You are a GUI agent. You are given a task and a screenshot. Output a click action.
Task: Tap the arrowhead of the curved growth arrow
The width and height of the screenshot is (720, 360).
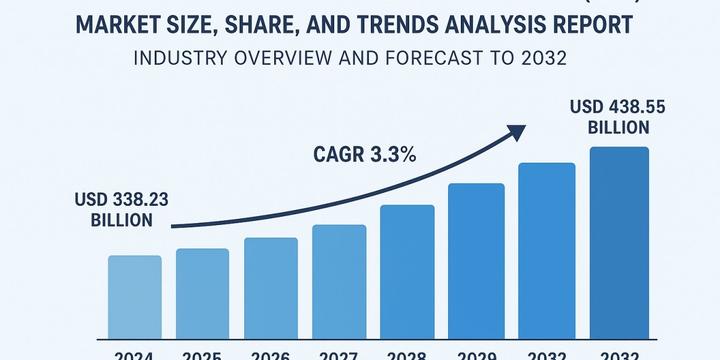[x=516, y=131]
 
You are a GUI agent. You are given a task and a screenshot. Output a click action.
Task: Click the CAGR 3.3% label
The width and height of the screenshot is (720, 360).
[x=365, y=154]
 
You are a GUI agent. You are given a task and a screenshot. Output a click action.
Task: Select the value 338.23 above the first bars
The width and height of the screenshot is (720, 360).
[x=140, y=200]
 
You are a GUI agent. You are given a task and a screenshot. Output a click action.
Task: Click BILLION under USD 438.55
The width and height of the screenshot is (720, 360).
[x=619, y=127]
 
